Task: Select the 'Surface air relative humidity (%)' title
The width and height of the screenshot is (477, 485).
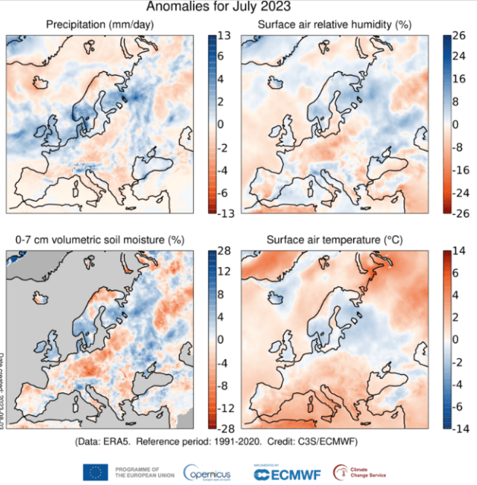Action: point(335,25)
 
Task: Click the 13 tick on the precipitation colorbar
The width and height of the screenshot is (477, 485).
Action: point(226,35)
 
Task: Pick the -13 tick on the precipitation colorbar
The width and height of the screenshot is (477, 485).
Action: point(226,212)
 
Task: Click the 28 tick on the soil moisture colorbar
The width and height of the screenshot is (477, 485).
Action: point(226,250)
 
